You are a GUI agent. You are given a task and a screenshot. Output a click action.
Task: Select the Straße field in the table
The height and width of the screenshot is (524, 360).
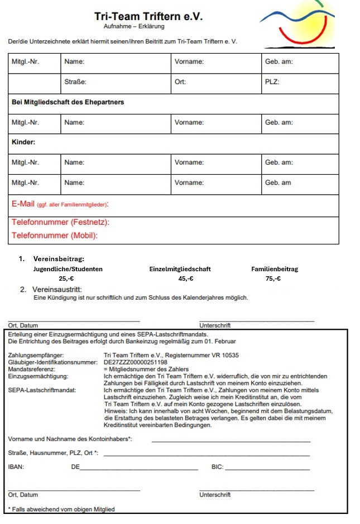point(75,82)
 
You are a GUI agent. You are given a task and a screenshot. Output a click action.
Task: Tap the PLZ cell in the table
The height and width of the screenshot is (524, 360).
point(272,82)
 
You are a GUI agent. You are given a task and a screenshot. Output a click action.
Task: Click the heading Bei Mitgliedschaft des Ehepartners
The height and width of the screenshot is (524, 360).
point(68,102)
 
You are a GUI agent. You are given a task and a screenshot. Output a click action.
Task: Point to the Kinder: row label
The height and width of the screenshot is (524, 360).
point(23,142)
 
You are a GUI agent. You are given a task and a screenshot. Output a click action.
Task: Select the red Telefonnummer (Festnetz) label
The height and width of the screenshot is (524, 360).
point(60,223)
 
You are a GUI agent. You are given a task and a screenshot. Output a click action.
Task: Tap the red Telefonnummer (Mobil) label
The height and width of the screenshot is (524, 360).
point(55,235)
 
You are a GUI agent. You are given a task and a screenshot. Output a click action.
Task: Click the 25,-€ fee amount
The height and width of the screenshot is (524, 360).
point(66,278)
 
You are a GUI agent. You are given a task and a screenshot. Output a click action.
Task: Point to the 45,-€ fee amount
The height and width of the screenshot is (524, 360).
point(186,278)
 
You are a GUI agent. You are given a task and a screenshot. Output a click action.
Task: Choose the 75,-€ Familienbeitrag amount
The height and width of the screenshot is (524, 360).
point(273,278)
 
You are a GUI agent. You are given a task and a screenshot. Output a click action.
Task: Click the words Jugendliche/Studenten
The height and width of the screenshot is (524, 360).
point(68,268)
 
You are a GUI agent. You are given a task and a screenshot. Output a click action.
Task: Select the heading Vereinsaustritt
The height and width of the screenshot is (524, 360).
point(56,290)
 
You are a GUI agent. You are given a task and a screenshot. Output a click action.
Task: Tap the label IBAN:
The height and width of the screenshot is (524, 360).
point(16,467)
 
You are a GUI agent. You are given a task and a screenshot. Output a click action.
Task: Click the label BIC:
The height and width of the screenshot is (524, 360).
point(218,467)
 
